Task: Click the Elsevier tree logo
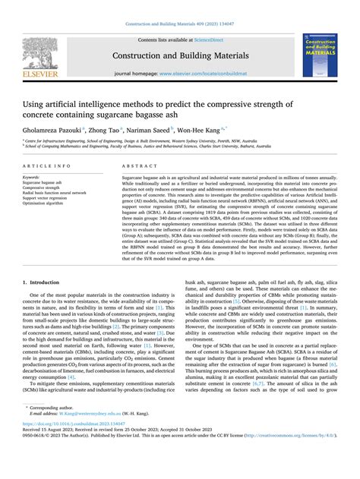tap(34, 49)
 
